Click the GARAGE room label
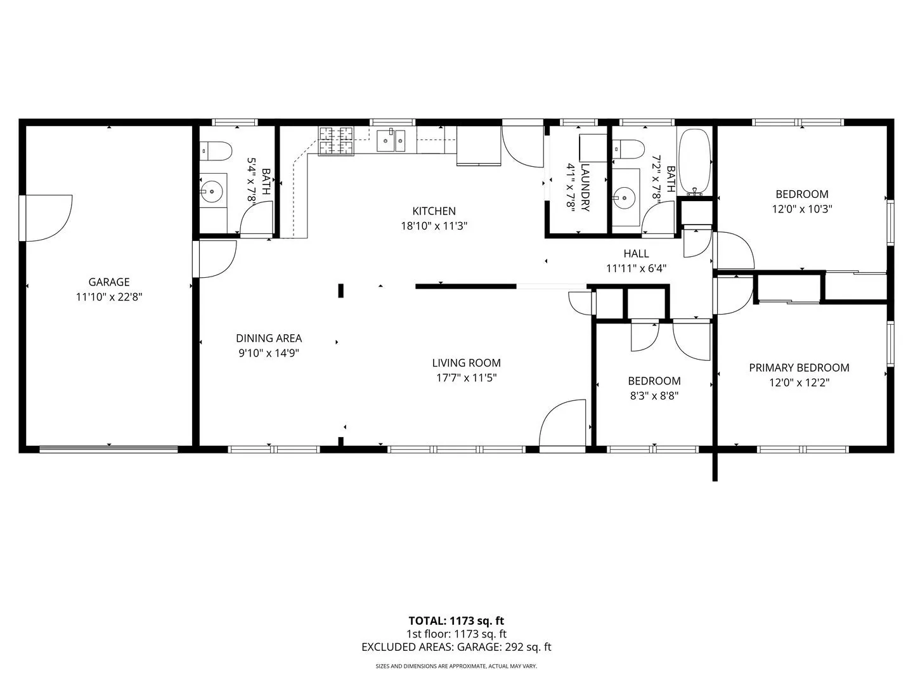(109, 282)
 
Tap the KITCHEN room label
(434, 211)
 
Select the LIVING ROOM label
(466, 363)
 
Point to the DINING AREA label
(269, 338)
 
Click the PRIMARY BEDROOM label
(799, 368)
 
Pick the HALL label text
(636, 253)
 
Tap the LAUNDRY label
(585, 188)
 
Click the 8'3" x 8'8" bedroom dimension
(654, 396)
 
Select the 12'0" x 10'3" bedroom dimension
(801, 209)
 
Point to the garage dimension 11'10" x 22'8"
(109, 297)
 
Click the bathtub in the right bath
(694, 162)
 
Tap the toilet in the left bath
(216, 151)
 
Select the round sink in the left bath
(212, 192)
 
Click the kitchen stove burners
(335, 141)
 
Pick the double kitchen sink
(391, 141)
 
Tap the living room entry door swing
(562, 423)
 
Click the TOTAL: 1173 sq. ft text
(456, 621)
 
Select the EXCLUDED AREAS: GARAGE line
(456, 647)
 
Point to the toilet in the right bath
(628, 149)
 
